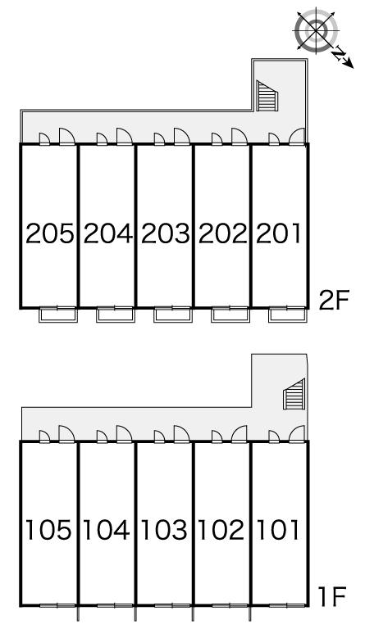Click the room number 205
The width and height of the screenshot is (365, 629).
pos(50,234)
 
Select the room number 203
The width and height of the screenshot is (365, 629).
pos(165,234)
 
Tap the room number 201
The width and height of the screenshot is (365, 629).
pos(278,234)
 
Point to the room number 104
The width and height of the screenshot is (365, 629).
pos(107,530)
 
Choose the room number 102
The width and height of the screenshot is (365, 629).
pos(221,530)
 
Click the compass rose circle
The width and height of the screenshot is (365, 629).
pos(317,30)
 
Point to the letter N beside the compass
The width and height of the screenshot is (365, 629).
pos(340,53)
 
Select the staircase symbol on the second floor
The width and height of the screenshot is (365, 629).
pos(267,96)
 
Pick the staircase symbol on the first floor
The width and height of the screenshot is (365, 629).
pos(294,394)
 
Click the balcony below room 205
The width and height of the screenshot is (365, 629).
pos(57,314)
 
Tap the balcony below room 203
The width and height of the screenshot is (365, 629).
pos(173,314)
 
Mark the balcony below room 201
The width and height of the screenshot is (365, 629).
pos(288,314)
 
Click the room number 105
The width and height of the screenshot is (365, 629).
pos(49,530)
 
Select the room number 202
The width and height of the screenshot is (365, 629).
pos(222,234)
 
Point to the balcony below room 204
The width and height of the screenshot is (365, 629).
pos(116,314)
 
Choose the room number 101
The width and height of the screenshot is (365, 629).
pos(278,530)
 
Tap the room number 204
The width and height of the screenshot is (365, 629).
pos(107,234)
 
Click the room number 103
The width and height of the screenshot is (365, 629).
pos(164,530)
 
